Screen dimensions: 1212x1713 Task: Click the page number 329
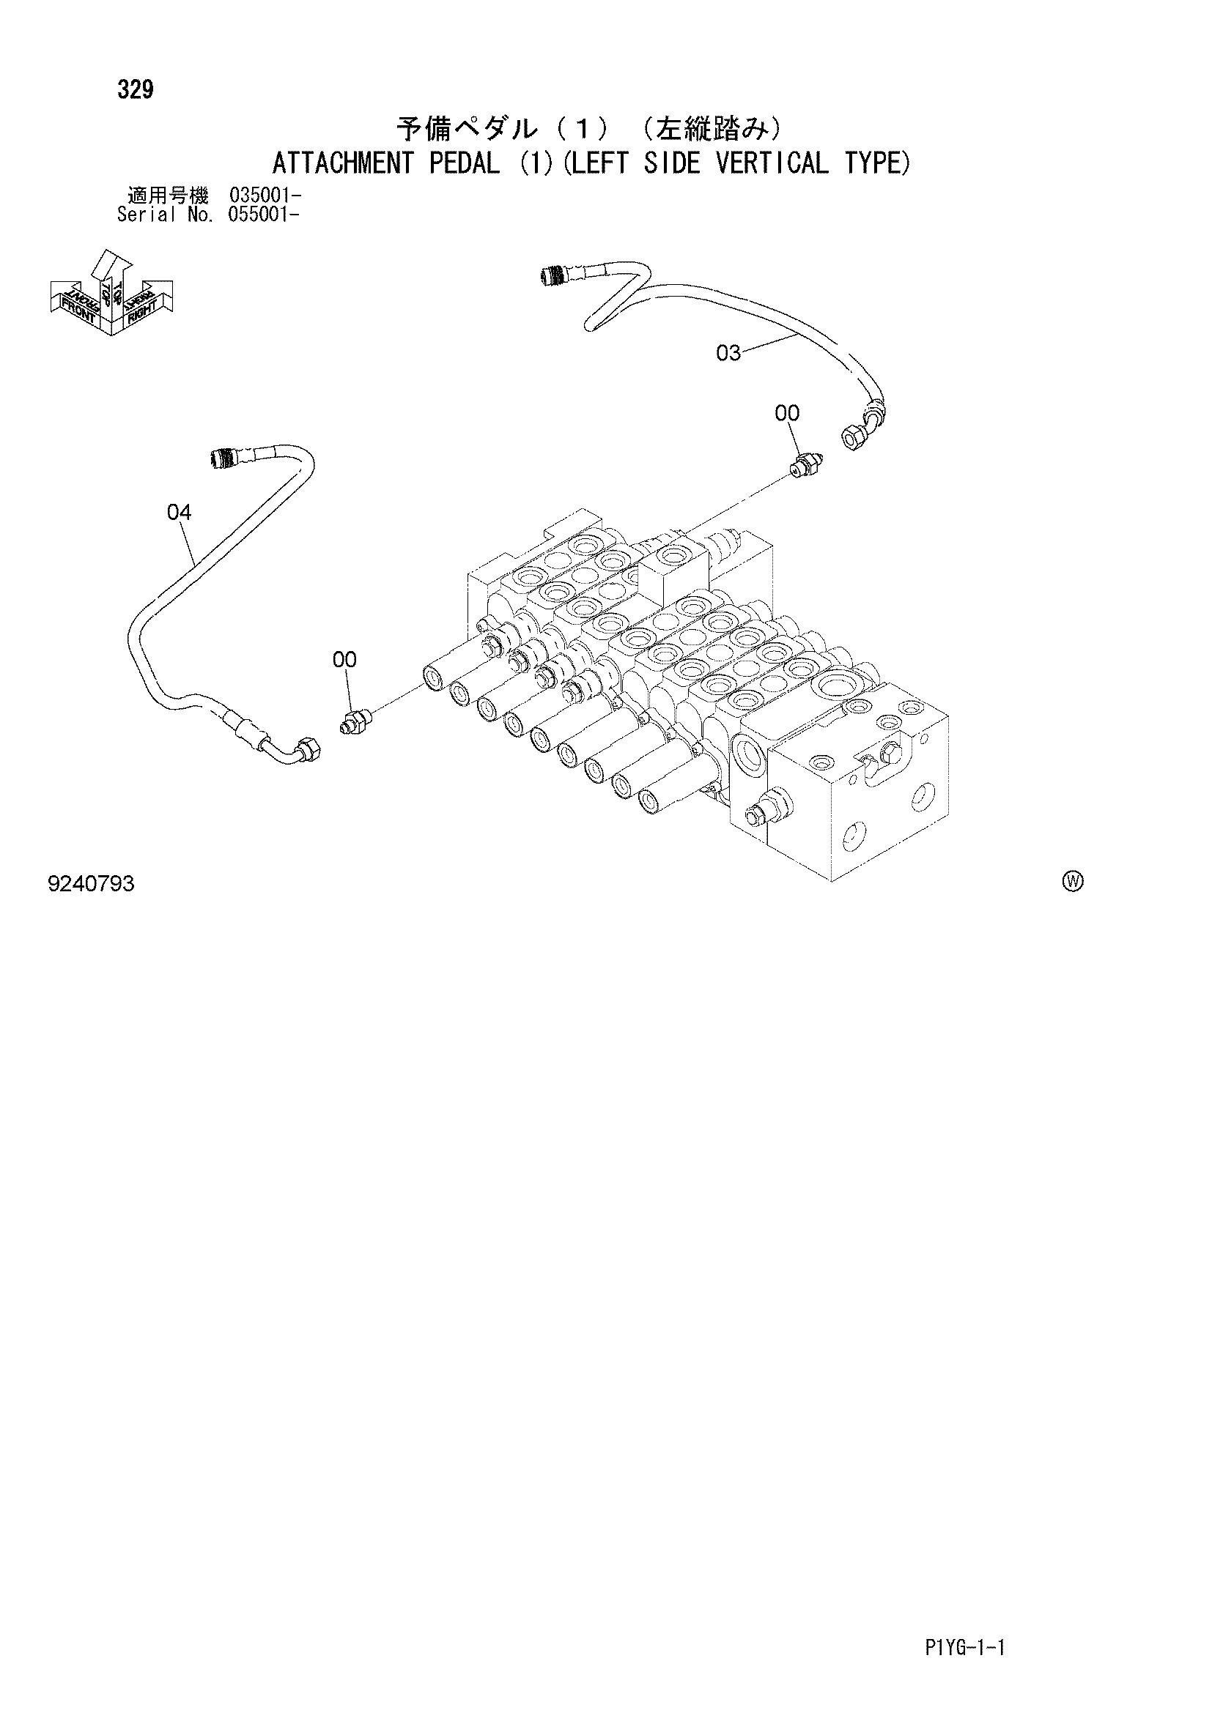click(135, 89)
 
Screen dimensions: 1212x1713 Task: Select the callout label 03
click(728, 353)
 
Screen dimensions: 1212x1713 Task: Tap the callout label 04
click(179, 512)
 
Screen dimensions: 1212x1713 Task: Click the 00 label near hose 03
click(787, 412)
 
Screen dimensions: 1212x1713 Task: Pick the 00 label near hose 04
click(345, 660)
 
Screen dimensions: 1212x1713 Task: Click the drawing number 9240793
click(91, 885)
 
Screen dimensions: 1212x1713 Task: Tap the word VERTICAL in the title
click(772, 163)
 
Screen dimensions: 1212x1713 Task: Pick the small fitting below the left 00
click(357, 721)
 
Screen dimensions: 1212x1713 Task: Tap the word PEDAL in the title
click(464, 163)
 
